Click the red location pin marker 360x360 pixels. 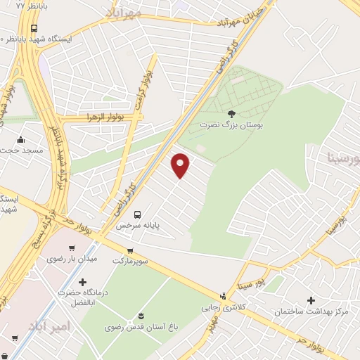pyautogui.click(x=181, y=166)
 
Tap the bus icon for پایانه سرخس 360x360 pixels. pyautogui.click(x=137, y=214)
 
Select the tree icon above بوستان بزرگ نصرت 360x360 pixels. pyautogui.click(x=232, y=113)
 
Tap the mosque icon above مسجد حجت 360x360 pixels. pyautogui.click(x=22, y=139)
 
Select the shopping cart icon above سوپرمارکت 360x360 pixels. pyautogui.click(x=130, y=250)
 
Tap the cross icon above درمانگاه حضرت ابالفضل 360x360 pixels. pyautogui.click(x=82, y=281)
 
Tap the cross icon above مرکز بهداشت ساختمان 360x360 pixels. pyautogui.click(x=311, y=300)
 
